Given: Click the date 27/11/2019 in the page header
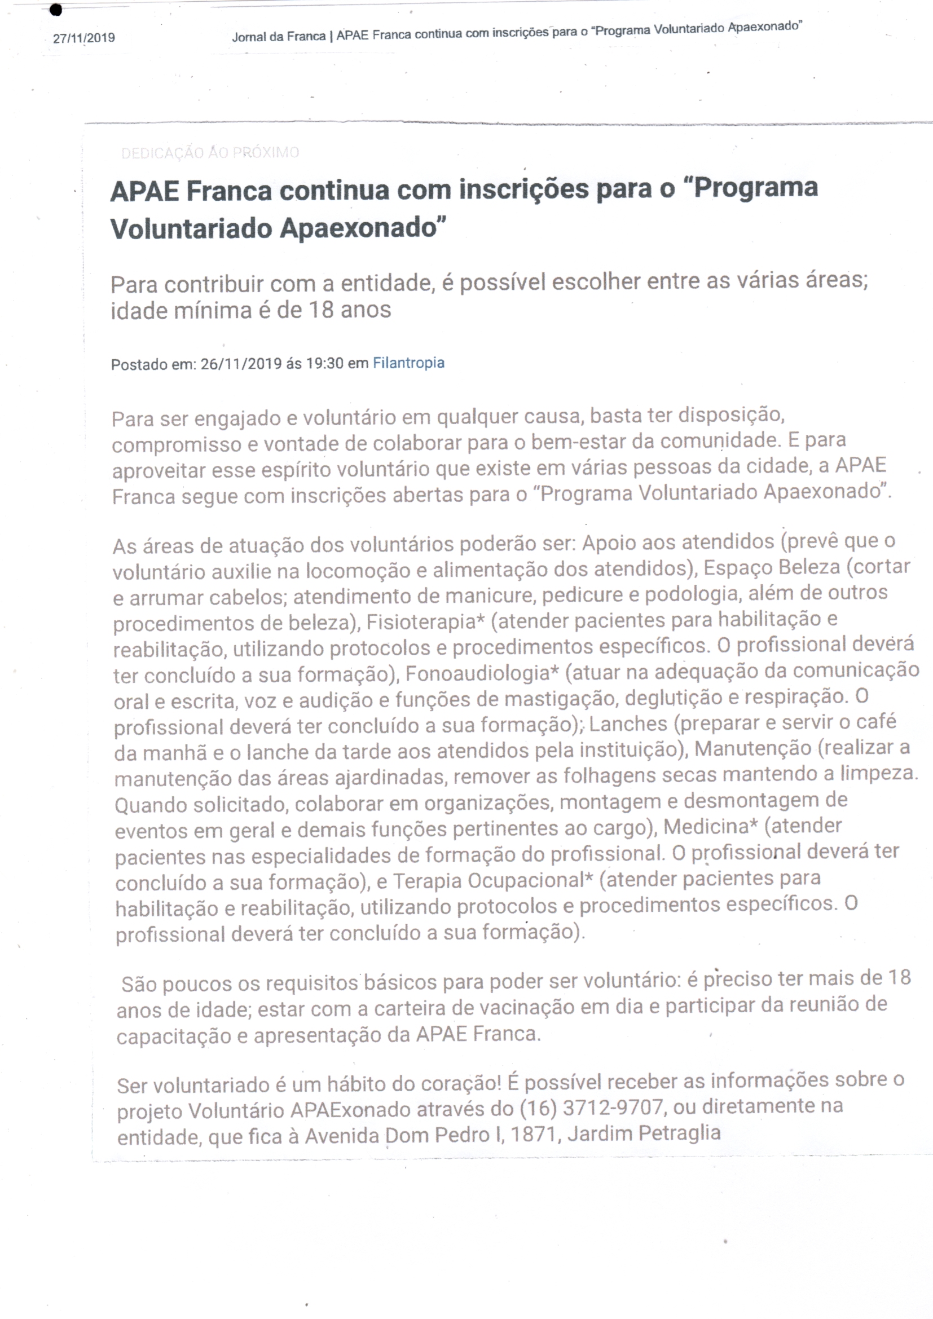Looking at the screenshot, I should click(x=84, y=38).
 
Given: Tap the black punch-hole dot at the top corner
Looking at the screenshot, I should click(x=56, y=10).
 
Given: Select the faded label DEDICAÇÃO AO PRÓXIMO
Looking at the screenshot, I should click(x=210, y=152).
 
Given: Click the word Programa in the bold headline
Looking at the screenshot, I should click(x=755, y=188).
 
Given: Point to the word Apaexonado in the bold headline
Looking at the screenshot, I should click(x=362, y=228).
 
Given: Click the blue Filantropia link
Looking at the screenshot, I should click(x=408, y=363).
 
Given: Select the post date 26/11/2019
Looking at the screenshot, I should click(x=241, y=364).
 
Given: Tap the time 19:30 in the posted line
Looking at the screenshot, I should click(x=324, y=363).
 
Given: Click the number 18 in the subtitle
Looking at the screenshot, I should click(x=321, y=310).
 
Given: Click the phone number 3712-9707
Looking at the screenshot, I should click(x=613, y=1106).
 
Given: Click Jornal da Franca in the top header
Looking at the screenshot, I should click(x=279, y=37).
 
